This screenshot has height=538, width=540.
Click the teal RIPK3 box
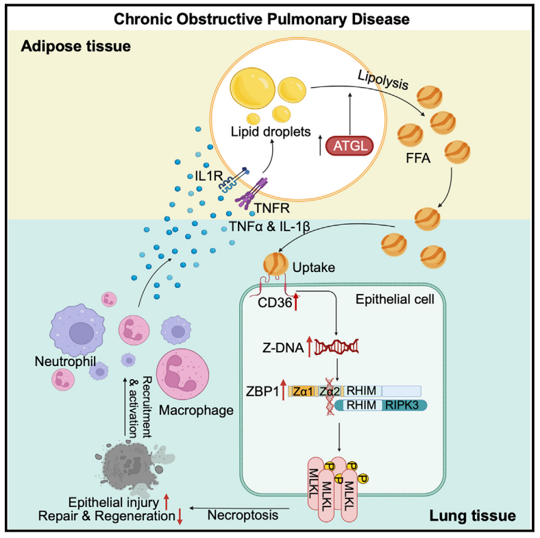click(x=404, y=405)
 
